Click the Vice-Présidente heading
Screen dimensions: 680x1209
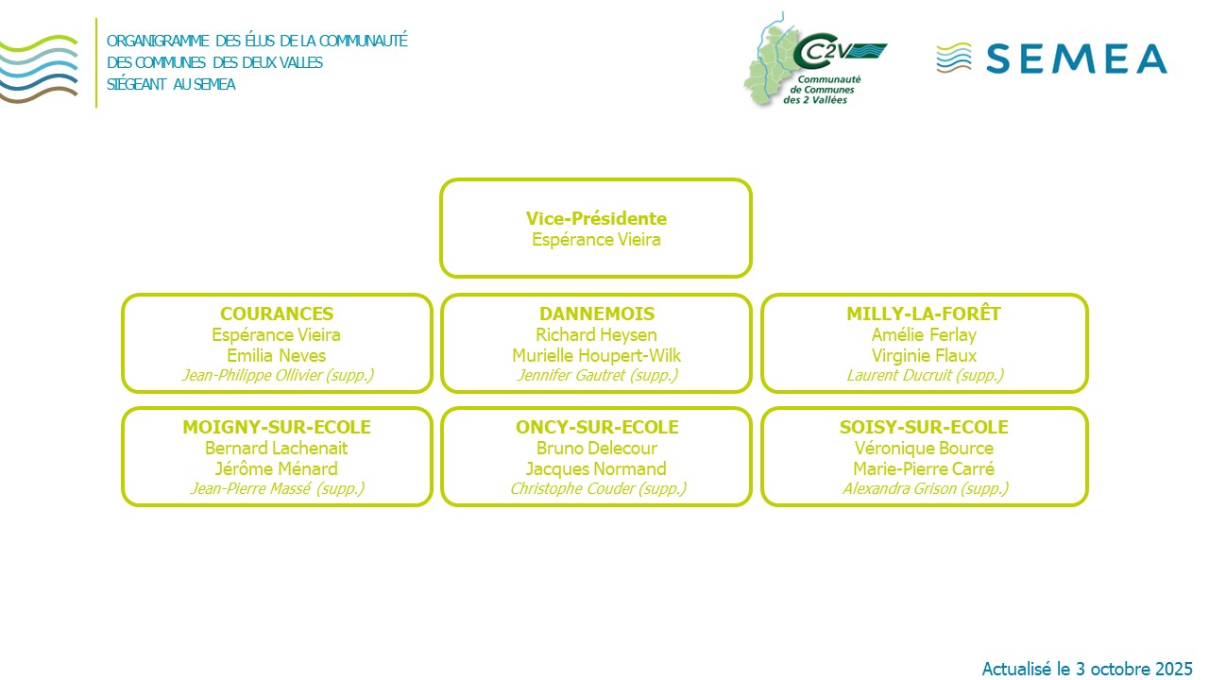pyautogui.click(x=596, y=219)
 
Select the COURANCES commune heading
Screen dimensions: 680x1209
pyautogui.click(x=277, y=314)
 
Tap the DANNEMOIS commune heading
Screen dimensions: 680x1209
pyautogui.click(x=596, y=314)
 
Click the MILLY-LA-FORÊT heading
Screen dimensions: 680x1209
pyautogui.click(x=924, y=314)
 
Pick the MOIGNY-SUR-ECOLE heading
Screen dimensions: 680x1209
pyautogui.click(x=277, y=428)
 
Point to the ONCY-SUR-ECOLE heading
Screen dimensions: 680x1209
pyautogui.click(x=596, y=428)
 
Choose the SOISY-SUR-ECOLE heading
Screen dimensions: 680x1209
pyautogui.click(x=924, y=428)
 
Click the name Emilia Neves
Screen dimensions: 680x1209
pyautogui.click(x=277, y=356)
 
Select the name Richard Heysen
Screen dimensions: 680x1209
pyautogui.click(x=596, y=335)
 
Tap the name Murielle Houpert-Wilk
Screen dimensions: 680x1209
pyautogui.click(x=596, y=356)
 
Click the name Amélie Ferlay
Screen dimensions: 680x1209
pyautogui.click(x=924, y=335)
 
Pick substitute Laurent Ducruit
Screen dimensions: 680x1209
pyautogui.click(x=924, y=376)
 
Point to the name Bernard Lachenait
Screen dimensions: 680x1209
pyautogui.click(x=277, y=449)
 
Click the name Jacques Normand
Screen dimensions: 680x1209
pyautogui.click(x=596, y=469)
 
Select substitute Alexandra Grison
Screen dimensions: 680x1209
pyautogui.click(x=924, y=489)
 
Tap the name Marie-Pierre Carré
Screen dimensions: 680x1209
pyautogui.click(x=924, y=469)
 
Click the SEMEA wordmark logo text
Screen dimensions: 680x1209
pyautogui.click(x=1076, y=59)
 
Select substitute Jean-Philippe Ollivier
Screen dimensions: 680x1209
pyautogui.click(x=277, y=376)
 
